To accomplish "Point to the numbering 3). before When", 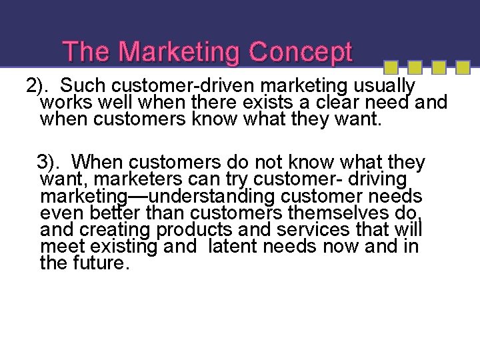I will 51,162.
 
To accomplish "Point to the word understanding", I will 212,197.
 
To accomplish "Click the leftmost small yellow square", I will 392,67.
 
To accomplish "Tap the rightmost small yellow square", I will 462,67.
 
